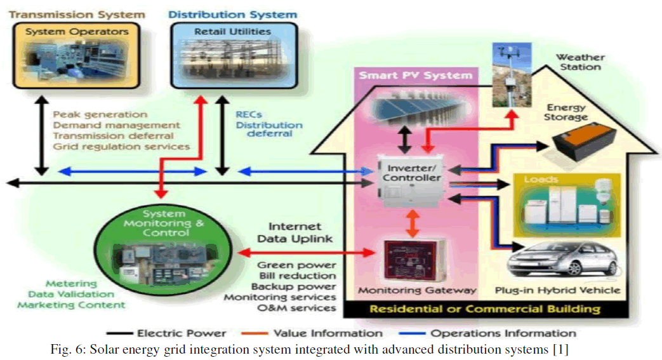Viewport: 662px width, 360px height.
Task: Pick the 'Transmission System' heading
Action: (x=77, y=14)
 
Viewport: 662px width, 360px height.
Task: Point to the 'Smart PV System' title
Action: (x=416, y=76)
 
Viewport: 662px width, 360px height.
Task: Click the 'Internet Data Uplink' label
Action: (x=295, y=232)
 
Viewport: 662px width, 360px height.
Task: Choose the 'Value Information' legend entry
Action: (x=328, y=333)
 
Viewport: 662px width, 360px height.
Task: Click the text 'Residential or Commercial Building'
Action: (x=484, y=309)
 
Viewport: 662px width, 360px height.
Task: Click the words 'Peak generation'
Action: (x=100, y=114)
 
